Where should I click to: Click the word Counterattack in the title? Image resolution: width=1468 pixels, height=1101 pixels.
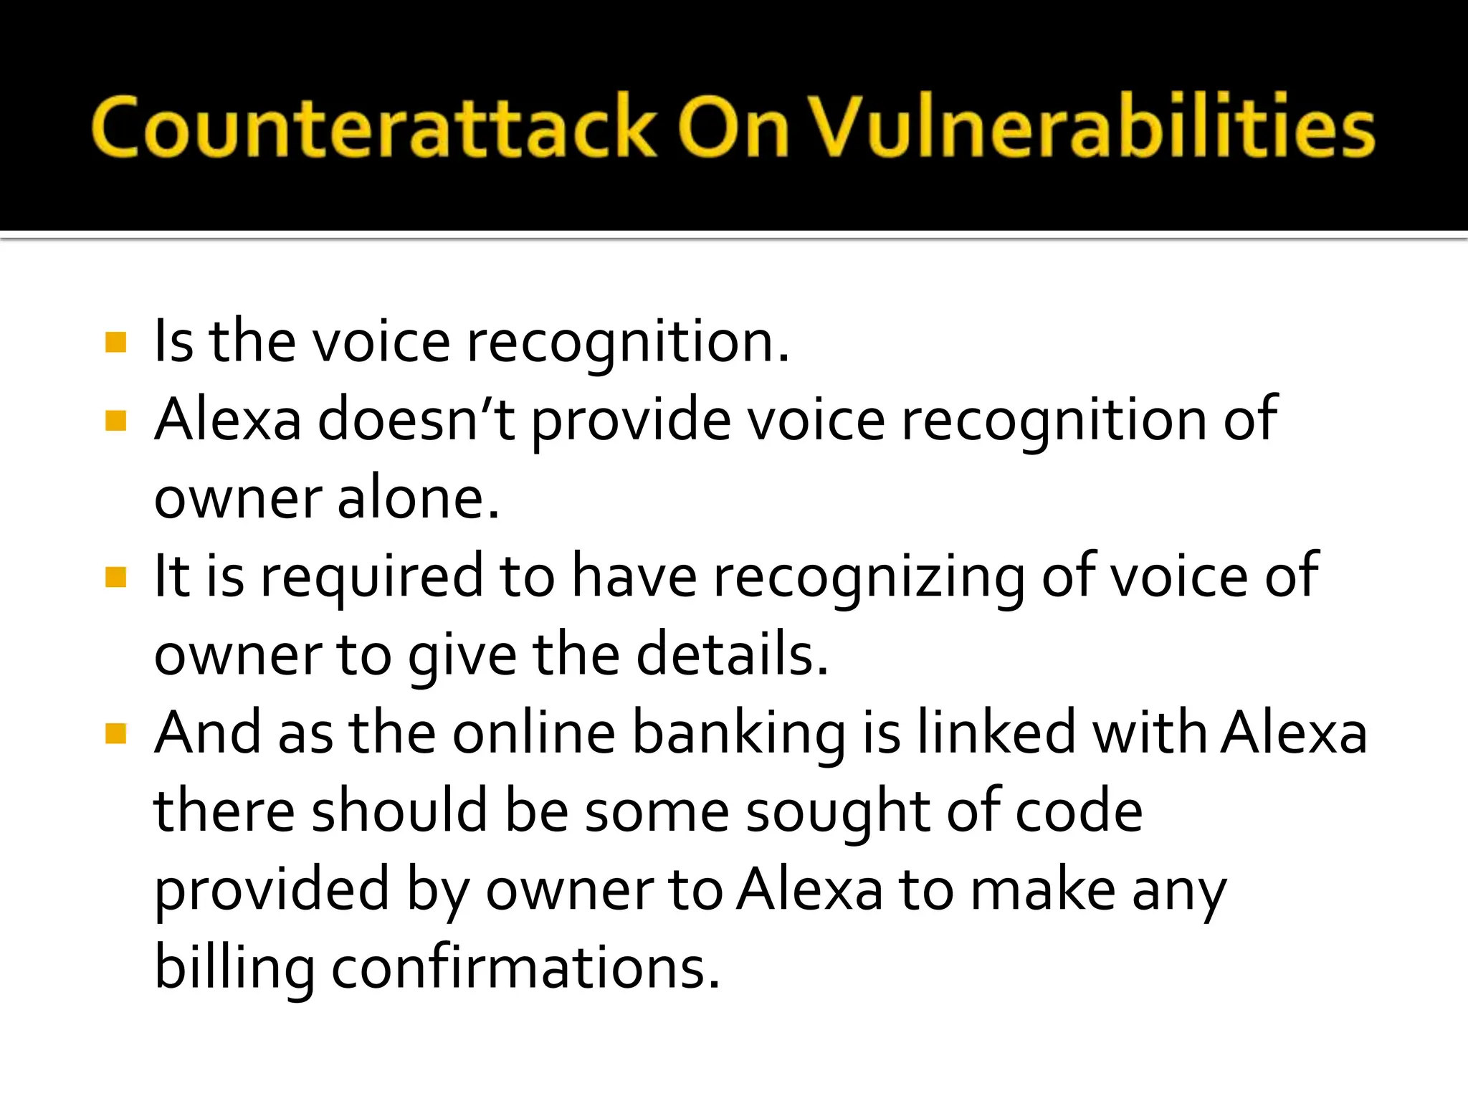coord(373,127)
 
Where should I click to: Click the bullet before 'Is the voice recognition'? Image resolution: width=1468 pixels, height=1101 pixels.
coord(115,343)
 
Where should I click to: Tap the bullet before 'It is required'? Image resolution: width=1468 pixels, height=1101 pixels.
coord(115,576)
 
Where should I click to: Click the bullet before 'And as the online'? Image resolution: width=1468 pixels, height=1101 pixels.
coord(115,733)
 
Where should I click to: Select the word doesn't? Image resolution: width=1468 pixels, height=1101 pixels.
coord(416,420)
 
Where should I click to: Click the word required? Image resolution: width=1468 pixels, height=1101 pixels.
coord(372,578)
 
